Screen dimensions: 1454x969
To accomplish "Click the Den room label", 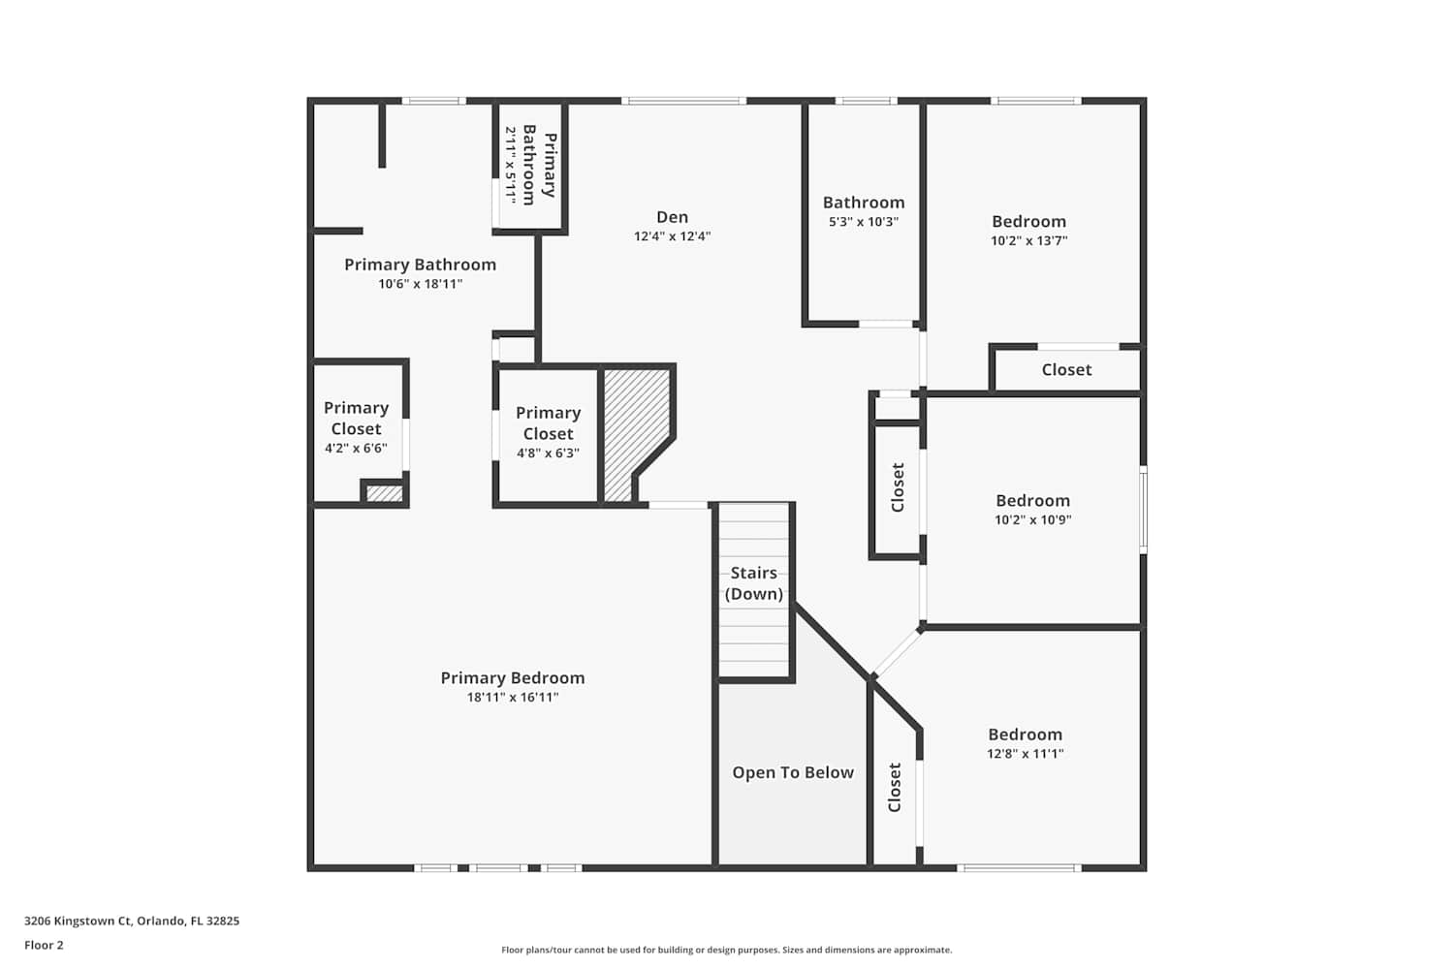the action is pos(672,217).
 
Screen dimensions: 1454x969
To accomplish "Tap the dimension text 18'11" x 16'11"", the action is pos(512,697).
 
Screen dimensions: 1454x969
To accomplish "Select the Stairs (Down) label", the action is pos(753,582).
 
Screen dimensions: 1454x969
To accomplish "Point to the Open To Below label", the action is pos(793,772).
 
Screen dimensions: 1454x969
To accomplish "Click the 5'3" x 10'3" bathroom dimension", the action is pos(864,221).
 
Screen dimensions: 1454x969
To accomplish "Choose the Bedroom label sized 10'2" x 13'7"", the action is pos(1028,221).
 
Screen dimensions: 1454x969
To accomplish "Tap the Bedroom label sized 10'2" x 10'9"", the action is pos(1032,500).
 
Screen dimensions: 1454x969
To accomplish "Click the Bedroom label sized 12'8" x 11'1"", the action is pos(1025,735).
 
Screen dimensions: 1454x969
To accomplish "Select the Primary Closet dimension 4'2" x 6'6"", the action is pos(356,448).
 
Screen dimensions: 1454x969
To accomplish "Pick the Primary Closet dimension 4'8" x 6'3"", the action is pos(548,453).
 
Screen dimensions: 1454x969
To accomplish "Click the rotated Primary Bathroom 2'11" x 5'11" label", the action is pos(531,166).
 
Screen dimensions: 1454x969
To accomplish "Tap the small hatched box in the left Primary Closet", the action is pos(384,493).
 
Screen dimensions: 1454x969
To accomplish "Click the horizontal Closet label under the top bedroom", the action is pos(1066,370).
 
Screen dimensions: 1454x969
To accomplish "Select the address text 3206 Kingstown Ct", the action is pos(78,921).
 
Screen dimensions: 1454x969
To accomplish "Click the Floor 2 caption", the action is pos(45,945).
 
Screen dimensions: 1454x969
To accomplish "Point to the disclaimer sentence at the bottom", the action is pos(726,950).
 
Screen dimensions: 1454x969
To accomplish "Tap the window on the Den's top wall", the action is pos(683,101).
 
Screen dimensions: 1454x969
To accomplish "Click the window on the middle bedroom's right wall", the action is pos(1143,510).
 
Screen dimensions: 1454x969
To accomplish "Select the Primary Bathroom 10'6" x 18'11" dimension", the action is pos(420,284).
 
